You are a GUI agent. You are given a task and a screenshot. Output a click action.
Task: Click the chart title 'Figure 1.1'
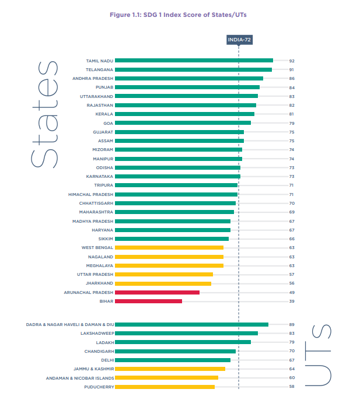[x=180, y=15]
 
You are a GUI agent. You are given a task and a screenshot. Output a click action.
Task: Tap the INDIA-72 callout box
[x=239, y=40]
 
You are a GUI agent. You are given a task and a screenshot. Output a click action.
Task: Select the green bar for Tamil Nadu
[x=194, y=61]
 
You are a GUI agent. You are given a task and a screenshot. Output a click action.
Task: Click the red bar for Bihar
[x=148, y=301]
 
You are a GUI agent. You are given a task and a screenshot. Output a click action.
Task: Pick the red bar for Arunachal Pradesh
[x=157, y=292]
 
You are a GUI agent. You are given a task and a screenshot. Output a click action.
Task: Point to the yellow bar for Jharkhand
[x=163, y=283]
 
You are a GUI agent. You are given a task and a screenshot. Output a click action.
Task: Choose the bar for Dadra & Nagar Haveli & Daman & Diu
[x=191, y=324]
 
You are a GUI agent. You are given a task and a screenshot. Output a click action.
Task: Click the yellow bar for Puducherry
[x=165, y=387]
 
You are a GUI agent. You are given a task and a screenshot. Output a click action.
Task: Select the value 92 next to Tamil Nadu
[x=292, y=61]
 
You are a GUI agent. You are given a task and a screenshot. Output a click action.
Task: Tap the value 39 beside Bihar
[x=292, y=301]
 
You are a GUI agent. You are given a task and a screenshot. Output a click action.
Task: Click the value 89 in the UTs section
[x=292, y=324]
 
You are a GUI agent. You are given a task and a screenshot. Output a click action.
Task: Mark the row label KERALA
[x=104, y=114]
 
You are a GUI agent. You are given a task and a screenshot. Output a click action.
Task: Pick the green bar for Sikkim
[x=172, y=239]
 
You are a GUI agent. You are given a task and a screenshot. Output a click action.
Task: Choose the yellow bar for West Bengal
[x=169, y=247]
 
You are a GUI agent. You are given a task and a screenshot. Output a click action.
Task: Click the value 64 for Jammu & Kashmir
[x=292, y=369]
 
